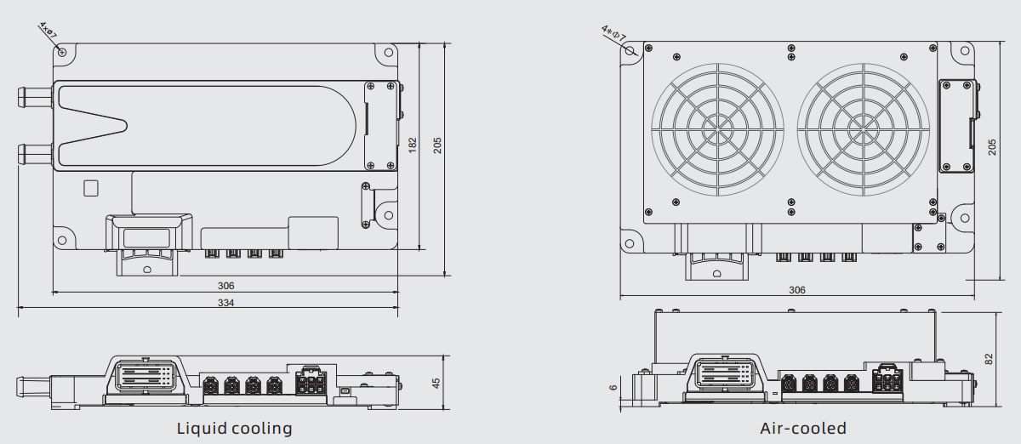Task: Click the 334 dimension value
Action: [x=225, y=303]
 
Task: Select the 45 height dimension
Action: [x=436, y=384]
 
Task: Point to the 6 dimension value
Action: [x=613, y=387]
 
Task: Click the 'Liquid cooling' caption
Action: [x=234, y=428]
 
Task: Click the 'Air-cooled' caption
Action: [x=803, y=428]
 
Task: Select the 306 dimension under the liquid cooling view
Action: [x=225, y=286]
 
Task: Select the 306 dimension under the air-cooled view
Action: [x=796, y=290]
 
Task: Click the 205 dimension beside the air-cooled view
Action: [x=992, y=146]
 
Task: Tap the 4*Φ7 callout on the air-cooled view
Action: [x=613, y=33]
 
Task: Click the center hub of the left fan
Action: [x=716, y=130]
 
